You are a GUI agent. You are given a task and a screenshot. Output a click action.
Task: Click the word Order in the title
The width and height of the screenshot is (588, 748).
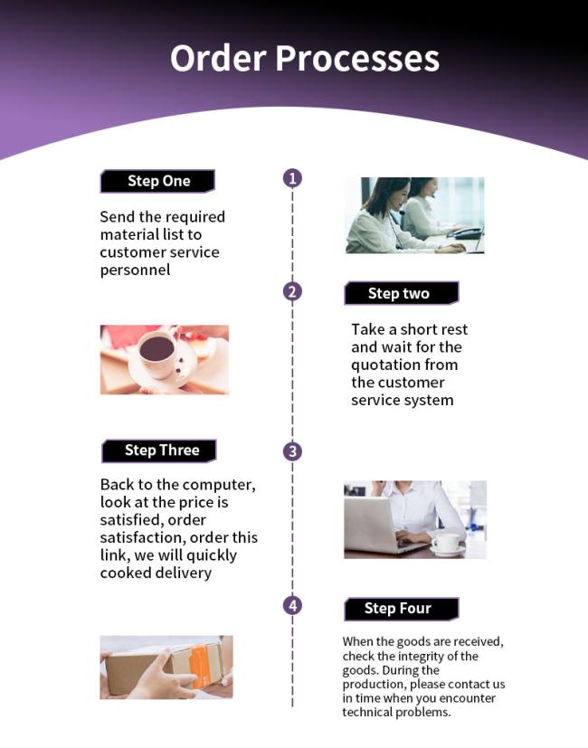[218, 58]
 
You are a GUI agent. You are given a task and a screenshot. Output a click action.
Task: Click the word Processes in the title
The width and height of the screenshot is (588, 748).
[357, 59]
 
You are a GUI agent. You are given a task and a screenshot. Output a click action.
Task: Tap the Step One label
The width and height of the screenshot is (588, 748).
[157, 181]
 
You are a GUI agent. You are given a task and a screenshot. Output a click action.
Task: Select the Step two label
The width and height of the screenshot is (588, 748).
[402, 293]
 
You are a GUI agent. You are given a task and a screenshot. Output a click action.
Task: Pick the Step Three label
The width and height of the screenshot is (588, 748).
[159, 450]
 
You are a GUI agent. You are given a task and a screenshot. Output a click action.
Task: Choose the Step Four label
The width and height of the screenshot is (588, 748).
[402, 609]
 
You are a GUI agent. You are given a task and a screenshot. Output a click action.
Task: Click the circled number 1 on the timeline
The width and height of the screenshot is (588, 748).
[292, 178]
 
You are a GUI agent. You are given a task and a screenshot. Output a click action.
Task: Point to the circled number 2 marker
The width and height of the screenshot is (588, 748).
[292, 291]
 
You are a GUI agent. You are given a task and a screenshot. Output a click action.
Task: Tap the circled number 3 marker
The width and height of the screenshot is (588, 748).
[292, 451]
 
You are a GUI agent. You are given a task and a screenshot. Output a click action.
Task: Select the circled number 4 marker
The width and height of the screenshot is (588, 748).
[292, 606]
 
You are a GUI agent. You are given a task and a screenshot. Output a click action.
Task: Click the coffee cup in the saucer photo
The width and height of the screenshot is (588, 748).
[157, 352]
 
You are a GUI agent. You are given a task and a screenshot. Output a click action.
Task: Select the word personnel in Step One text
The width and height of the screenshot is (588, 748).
[135, 270]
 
